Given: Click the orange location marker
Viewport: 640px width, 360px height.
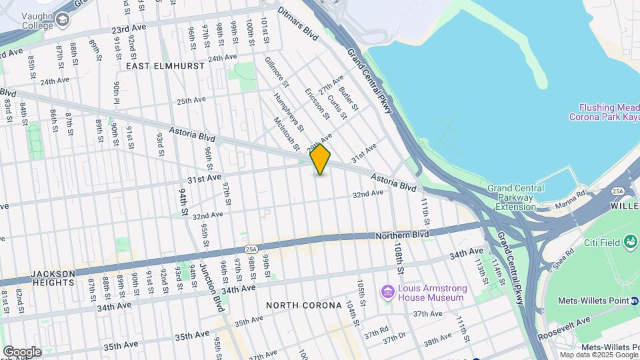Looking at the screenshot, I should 321,159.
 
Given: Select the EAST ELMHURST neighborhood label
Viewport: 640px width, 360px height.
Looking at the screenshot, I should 157,66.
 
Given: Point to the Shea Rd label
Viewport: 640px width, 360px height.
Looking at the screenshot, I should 563,259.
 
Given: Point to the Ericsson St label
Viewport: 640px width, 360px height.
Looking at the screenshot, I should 317,104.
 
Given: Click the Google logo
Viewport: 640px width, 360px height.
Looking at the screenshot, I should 22,352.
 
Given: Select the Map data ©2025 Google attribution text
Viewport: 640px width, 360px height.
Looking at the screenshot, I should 599,355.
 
